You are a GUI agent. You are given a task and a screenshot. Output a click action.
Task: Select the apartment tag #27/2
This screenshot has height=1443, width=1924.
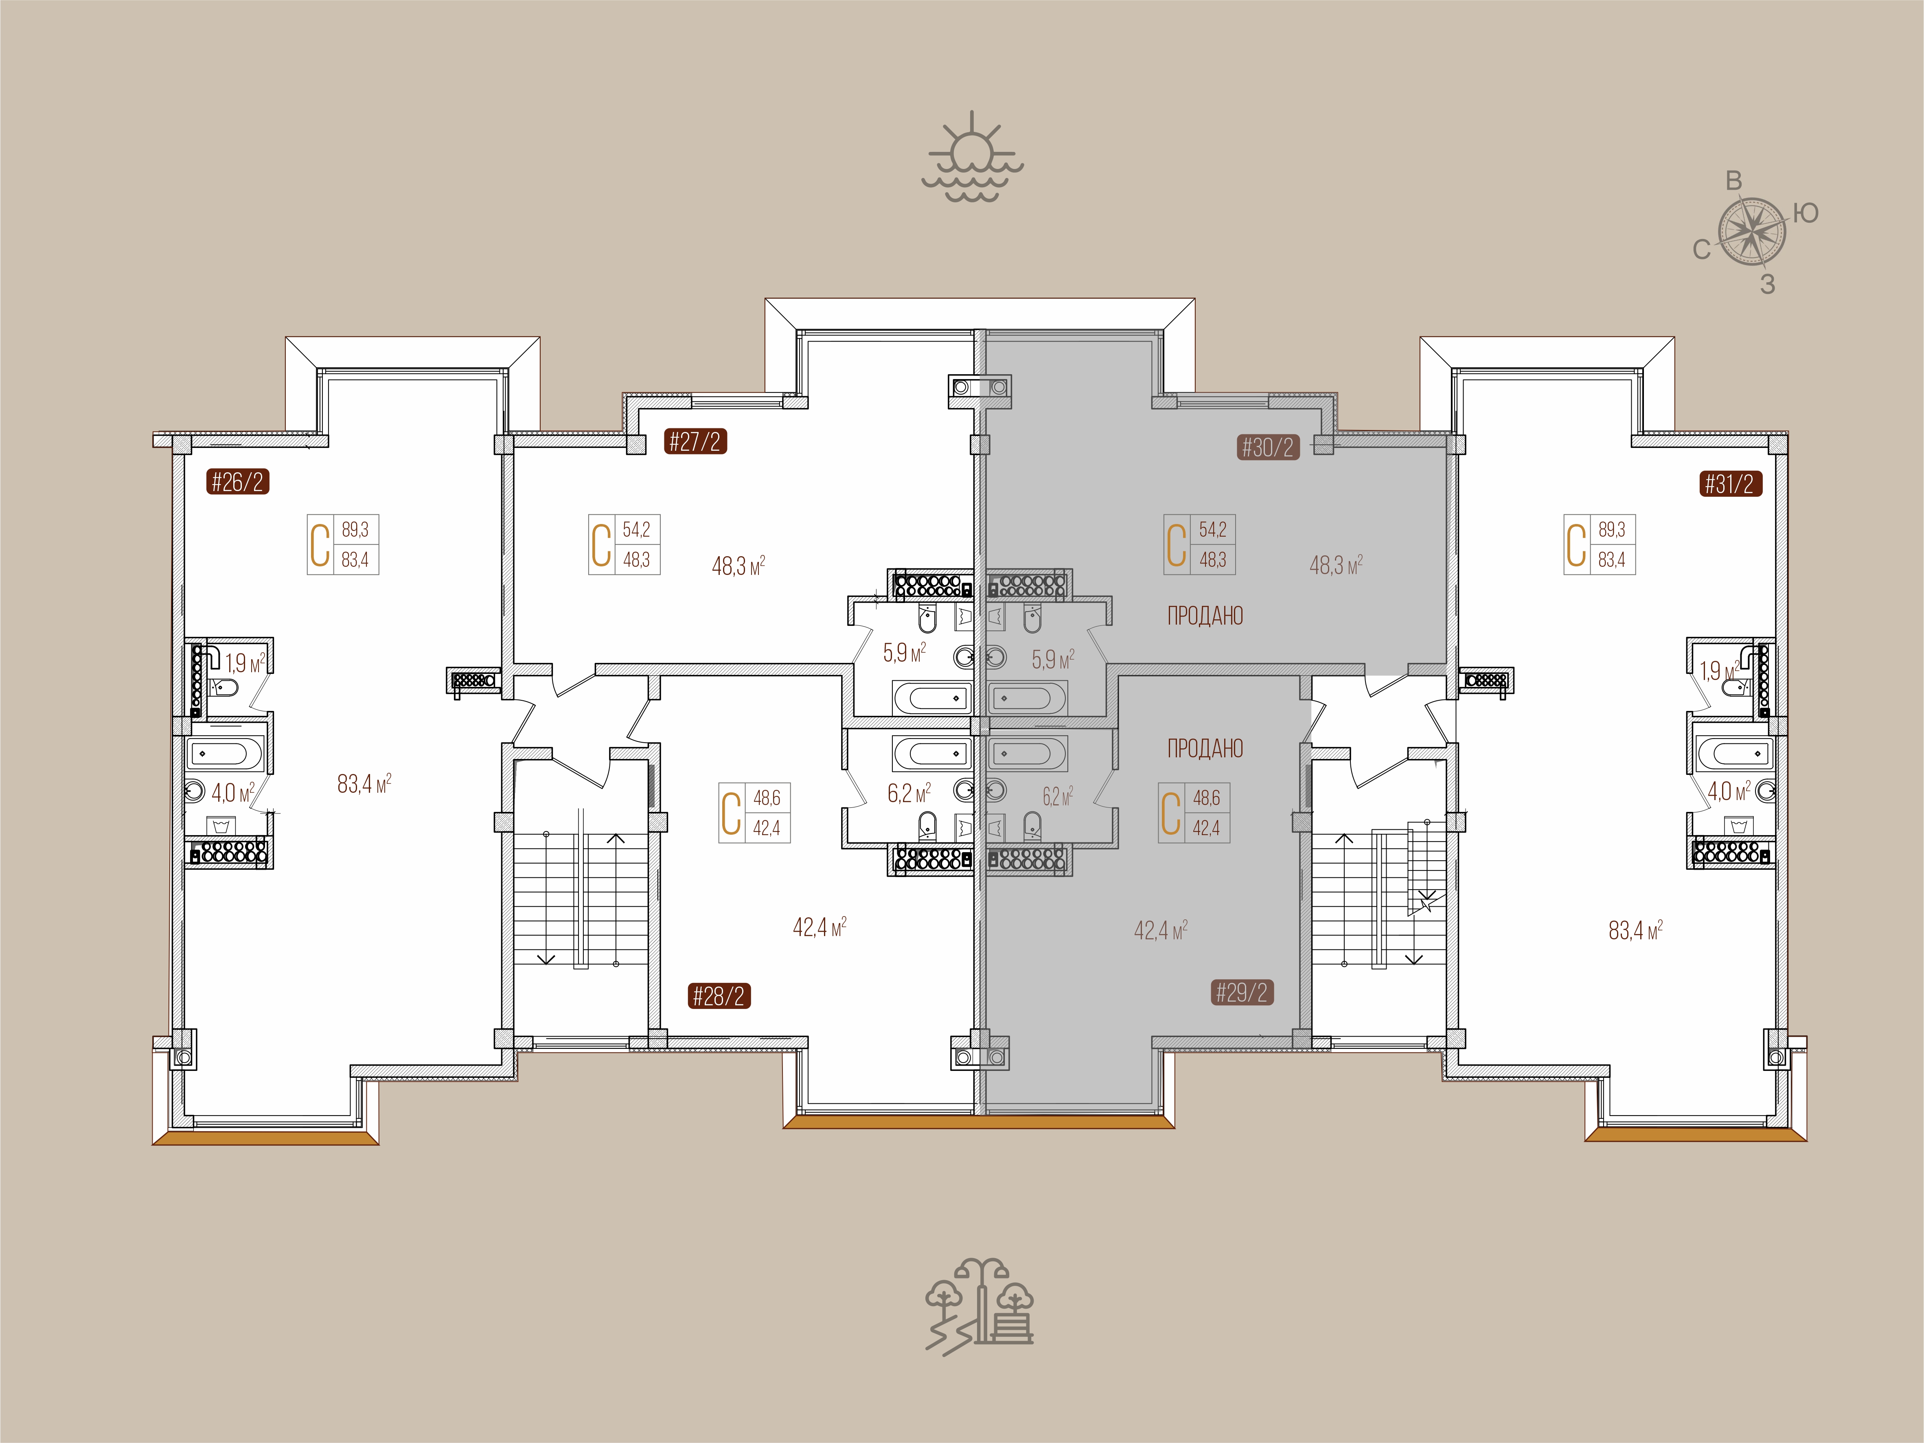[x=695, y=442]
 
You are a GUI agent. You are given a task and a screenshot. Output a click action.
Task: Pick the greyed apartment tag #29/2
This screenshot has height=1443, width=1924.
[x=1242, y=992]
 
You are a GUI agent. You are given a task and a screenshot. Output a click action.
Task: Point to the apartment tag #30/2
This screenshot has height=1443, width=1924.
[x=1268, y=447]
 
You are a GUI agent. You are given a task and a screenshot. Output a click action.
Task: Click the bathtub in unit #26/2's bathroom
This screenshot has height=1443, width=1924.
[x=224, y=753]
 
